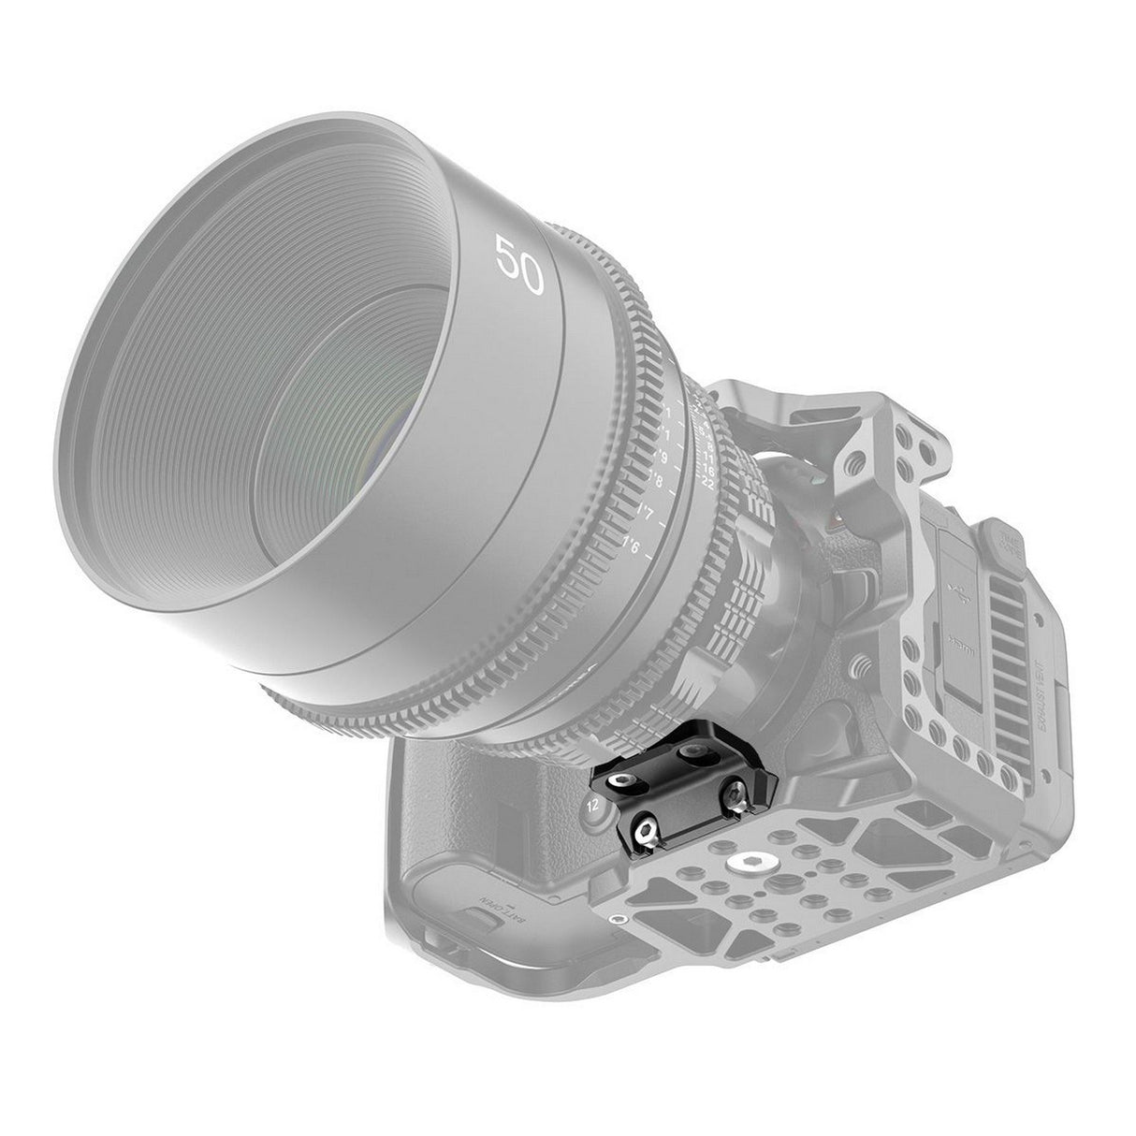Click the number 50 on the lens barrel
pyautogui.click(x=520, y=266)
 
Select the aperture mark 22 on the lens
pyautogui.click(x=707, y=485)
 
